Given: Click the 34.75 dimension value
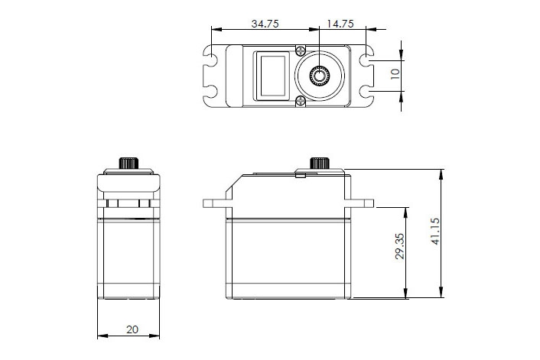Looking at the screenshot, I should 264,24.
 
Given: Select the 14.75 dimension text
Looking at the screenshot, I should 340,24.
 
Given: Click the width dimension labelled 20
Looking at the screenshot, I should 132,329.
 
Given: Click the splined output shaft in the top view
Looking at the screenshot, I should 319,75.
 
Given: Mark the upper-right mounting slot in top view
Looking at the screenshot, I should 368,58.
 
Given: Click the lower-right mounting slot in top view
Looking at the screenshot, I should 368,92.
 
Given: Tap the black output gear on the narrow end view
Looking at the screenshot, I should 130,164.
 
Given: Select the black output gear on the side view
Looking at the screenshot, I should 319,164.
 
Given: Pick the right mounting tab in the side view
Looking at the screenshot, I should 363,204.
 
